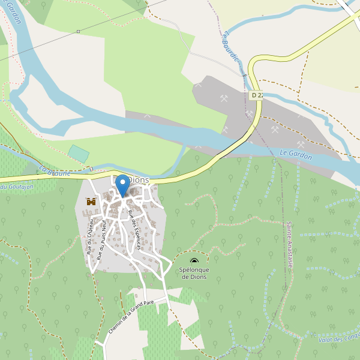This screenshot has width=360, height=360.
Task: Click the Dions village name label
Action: pos(139,180)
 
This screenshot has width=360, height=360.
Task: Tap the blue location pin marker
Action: pos(122,184)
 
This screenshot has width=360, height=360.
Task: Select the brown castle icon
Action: pos(91,202)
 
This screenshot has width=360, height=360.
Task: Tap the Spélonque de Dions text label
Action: pos(194,274)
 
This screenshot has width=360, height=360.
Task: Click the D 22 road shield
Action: pos(257,95)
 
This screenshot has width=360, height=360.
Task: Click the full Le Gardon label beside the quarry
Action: pos(296,155)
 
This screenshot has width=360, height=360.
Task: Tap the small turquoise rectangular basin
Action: pos(79,153)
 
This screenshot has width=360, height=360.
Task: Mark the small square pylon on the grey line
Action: pos(78,31)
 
